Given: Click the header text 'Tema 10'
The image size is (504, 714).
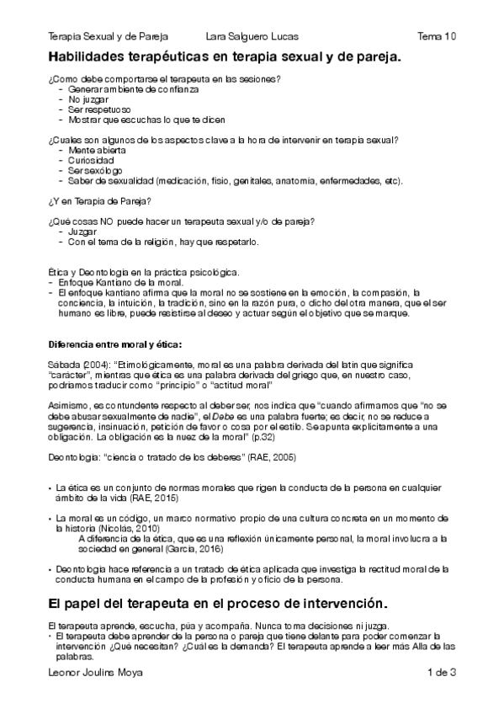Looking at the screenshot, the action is click(437, 37).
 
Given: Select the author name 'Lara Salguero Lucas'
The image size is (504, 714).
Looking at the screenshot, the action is click(252, 37).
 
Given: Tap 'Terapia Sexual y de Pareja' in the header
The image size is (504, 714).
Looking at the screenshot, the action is click(108, 37).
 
